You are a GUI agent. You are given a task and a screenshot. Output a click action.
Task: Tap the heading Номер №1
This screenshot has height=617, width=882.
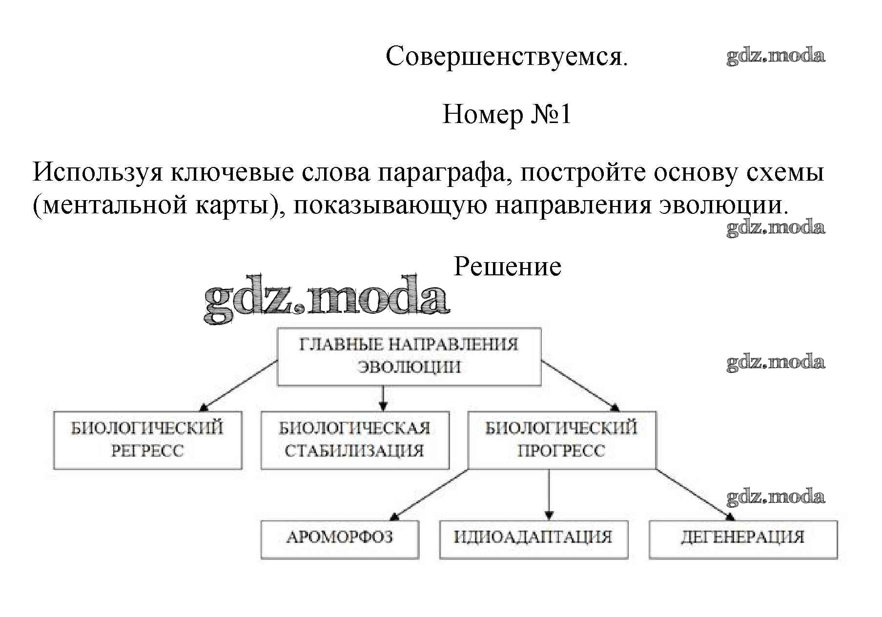click(x=506, y=115)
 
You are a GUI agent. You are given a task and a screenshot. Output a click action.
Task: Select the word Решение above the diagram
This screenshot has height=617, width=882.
click(x=507, y=267)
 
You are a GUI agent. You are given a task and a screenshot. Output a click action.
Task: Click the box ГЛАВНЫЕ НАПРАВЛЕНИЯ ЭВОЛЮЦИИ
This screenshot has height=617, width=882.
click(x=409, y=356)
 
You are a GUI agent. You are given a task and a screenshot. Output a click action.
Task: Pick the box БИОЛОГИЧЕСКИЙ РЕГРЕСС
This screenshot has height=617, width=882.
click(x=147, y=440)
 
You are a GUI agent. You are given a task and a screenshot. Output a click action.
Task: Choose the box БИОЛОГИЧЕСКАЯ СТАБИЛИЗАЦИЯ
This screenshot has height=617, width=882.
click(x=355, y=440)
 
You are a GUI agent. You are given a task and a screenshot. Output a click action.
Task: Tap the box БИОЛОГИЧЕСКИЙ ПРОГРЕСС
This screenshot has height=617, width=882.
click(x=562, y=440)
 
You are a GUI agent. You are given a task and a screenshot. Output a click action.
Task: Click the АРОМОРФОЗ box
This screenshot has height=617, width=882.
click(x=340, y=539)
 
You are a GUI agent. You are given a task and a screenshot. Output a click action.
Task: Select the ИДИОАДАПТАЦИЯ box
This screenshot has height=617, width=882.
click(x=533, y=539)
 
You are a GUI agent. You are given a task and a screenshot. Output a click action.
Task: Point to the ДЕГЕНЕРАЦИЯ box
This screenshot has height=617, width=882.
click(x=743, y=539)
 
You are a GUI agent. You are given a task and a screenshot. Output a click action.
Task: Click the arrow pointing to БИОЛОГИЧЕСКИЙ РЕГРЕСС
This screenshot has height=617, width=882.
click(x=239, y=385)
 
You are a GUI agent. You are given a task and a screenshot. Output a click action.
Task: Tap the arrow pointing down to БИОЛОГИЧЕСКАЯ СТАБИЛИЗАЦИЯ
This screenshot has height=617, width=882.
click(x=383, y=398)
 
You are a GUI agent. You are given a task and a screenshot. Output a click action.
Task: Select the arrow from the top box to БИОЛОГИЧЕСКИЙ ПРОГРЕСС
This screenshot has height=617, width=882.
click(x=580, y=385)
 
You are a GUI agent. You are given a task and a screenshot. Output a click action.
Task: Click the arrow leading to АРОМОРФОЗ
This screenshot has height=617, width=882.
click(x=430, y=494)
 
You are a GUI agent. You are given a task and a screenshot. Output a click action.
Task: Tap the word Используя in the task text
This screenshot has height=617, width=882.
click(x=97, y=172)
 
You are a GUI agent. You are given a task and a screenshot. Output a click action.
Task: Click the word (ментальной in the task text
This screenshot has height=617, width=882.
click(x=109, y=205)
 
